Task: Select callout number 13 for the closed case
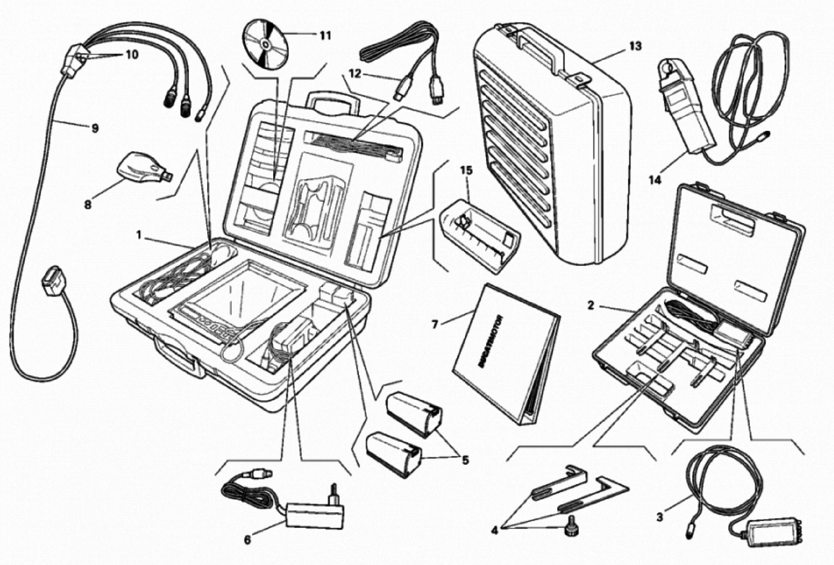[635, 46]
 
